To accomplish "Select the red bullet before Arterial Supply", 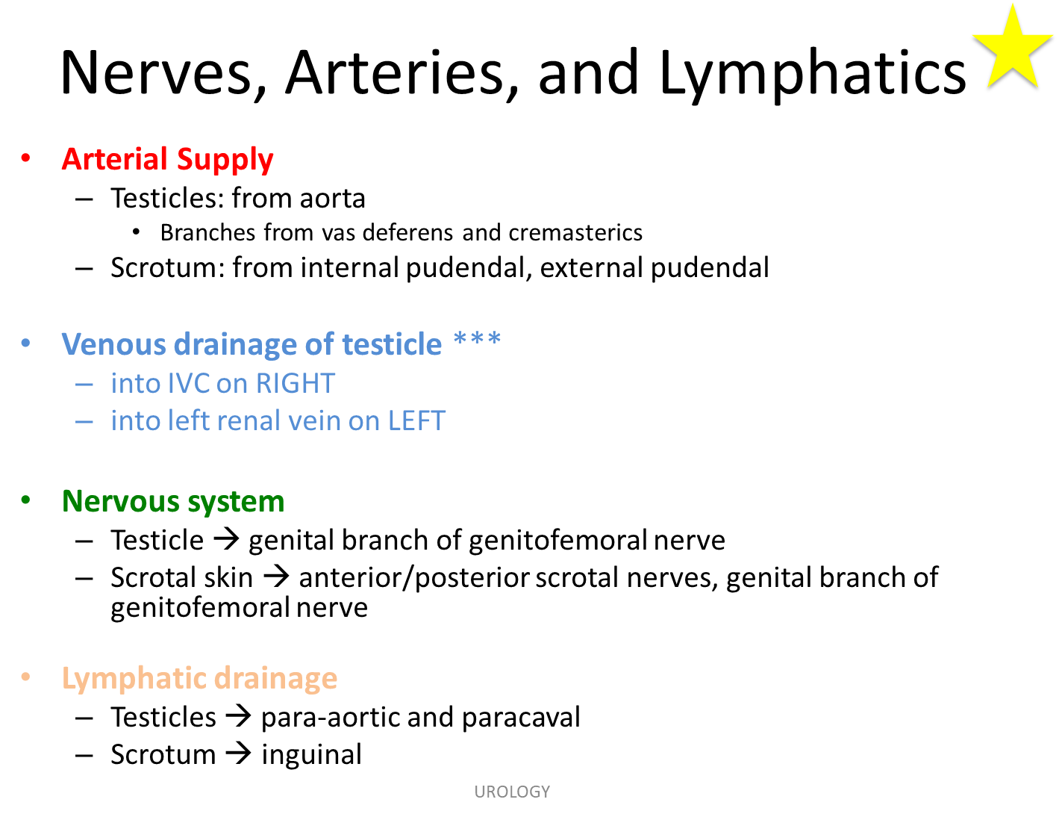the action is [x=26, y=159].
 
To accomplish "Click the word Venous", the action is [x=113, y=344].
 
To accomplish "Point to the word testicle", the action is [x=392, y=344].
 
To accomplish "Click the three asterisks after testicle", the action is [x=477, y=340].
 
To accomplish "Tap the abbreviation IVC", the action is [x=189, y=383].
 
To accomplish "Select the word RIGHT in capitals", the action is [x=296, y=383].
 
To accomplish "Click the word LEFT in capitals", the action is [x=416, y=420].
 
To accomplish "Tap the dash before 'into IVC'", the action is [x=84, y=384].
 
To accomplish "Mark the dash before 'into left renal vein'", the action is [x=84, y=421].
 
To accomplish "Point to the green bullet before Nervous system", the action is [x=26, y=501].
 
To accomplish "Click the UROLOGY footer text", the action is [x=512, y=792].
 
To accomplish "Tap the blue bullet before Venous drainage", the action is [x=26, y=344].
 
